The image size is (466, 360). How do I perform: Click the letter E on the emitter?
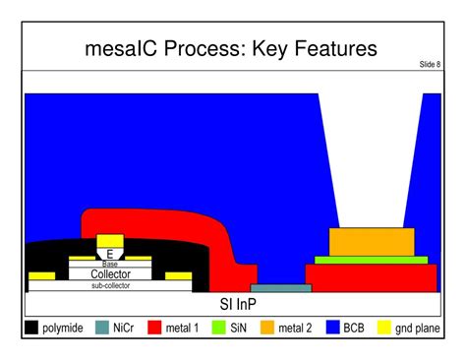coord(110,254)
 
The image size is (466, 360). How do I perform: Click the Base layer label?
coord(110,264)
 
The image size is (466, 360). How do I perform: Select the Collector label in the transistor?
coord(110,274)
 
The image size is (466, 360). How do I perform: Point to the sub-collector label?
coord(110,286)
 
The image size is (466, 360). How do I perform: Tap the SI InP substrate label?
coord(232,304)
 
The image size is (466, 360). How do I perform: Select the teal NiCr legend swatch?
coord(102,328)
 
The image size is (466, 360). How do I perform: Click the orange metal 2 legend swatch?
coord(266,328)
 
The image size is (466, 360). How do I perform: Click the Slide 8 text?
coord(430,65)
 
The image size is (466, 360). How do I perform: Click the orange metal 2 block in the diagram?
coord(371,242)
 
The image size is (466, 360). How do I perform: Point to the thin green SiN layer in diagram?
coord(371,260)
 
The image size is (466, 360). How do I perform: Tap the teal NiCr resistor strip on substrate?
coord(280,288)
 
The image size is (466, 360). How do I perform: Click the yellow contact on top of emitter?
coord(110,240)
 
